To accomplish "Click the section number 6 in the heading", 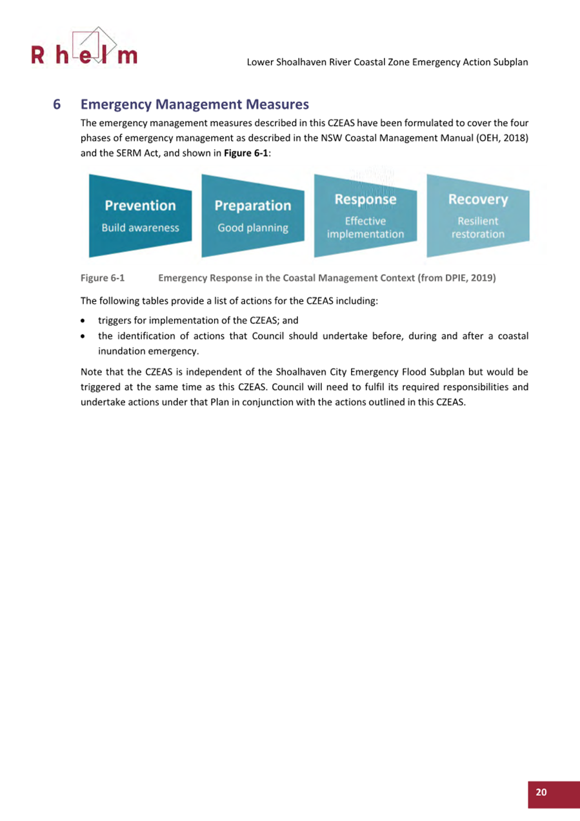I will pos(57,104).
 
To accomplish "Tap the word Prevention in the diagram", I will pos(140,206).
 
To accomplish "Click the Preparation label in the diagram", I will pos(253,206).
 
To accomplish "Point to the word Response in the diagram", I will pos(365,199).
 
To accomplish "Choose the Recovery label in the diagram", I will pos(477,199).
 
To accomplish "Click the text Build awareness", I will pos(140,228).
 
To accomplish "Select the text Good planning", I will pos(253,228).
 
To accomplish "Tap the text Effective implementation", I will pos(365,228).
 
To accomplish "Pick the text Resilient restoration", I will pos(477,228).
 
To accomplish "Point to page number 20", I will pos(541,793).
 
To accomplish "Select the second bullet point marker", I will pos(84,337).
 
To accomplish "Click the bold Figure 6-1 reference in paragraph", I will pos(243,154).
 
